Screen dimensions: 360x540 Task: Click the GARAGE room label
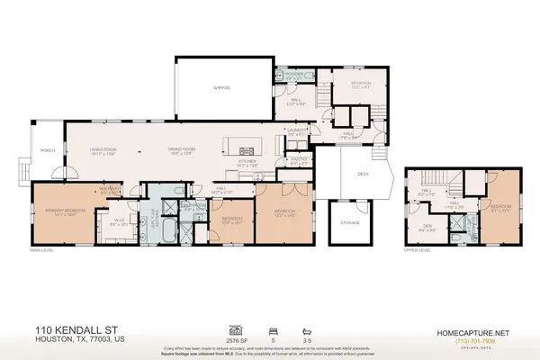click(221, 88)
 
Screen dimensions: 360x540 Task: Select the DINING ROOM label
click(183, 149)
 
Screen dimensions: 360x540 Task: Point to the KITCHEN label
click(247, 161)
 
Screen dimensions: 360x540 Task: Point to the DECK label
click(363, 175)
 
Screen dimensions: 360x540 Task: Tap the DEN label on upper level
click(428, 227)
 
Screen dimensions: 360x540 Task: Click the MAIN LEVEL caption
click(42, 250)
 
